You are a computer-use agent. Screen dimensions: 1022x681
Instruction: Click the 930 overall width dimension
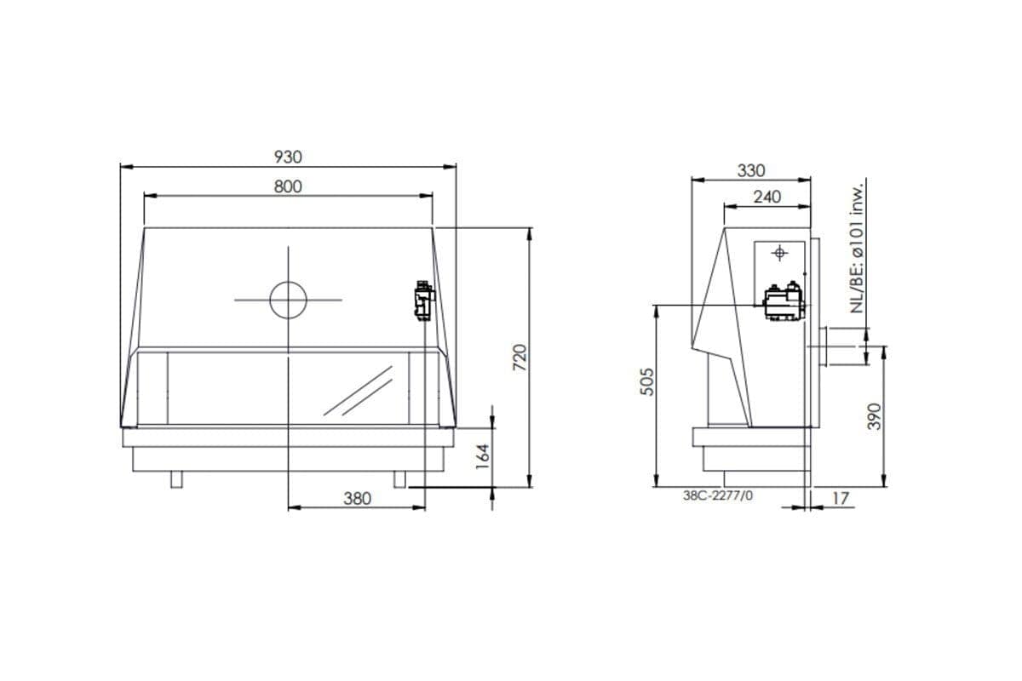[288, 157]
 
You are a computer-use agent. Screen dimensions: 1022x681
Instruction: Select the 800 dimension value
[288, 186]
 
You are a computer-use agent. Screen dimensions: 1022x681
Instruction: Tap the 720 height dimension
[520, 358]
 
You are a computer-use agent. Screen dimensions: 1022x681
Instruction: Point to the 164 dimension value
[482, 456]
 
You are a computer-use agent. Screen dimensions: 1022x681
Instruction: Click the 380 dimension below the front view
[357, 499]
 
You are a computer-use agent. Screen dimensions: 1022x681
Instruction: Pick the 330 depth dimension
[751, 171]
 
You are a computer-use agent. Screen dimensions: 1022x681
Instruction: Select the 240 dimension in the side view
[767, 197]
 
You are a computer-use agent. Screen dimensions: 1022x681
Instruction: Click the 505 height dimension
[647, 381]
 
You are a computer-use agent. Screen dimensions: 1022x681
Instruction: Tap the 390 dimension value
[874, 416]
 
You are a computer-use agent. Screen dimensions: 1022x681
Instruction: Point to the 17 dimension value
[841, 499]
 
